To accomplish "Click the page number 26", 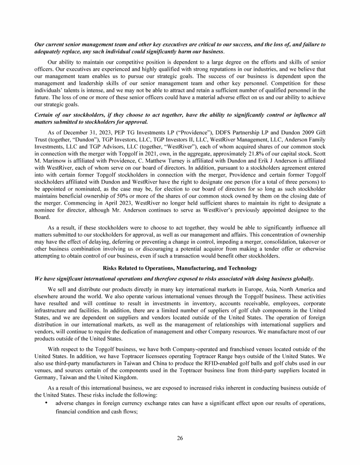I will tap(180, 438).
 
